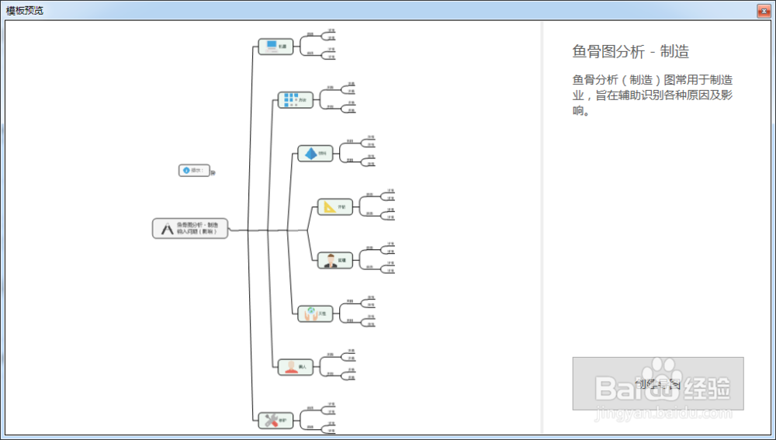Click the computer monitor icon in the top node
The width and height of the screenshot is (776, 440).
click(x=272, y=47)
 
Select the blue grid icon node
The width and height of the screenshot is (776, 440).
click(x=290, y=100)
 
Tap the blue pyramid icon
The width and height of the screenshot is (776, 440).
click(x=310, y=154)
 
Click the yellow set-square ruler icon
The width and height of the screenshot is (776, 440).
click(x=330, y=206)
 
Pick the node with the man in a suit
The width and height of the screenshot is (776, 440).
click(x=331, y=260)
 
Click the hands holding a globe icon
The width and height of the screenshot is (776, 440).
click(x=310, y=314)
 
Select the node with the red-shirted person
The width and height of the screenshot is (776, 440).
click(x=291, y=366)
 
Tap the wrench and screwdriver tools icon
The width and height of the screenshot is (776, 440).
click(x=272, y=420)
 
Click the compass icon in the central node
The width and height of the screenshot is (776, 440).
click(x=166, y=228)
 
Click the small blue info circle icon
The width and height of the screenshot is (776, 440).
click(x=186, y=170)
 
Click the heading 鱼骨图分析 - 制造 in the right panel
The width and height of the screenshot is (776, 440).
click(x=630, y=52)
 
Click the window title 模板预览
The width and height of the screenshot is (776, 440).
click(x=25, y=10)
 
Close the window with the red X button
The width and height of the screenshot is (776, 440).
click(x=764, y=10)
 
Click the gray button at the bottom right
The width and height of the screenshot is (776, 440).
click(x=658, y=383)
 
